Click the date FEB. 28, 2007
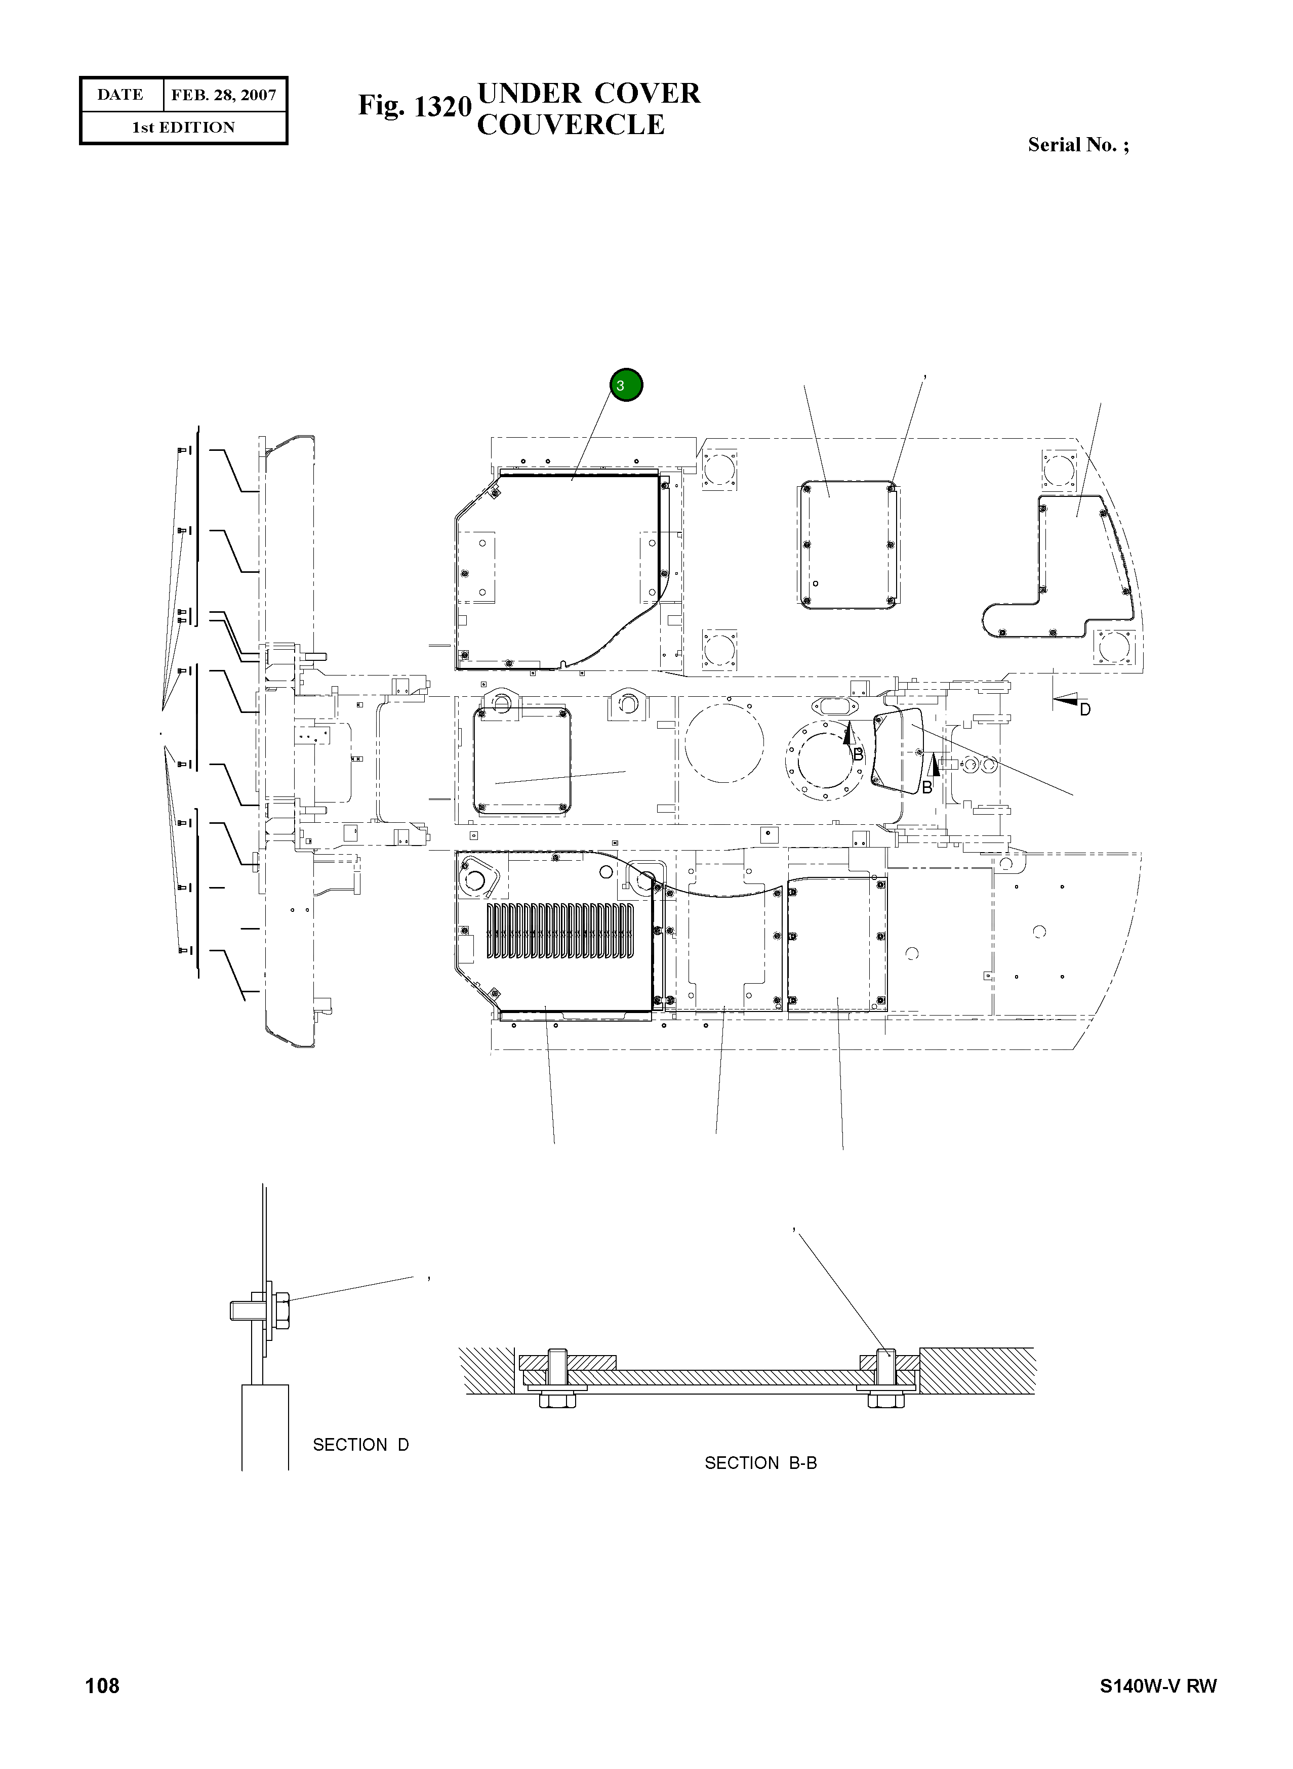223,96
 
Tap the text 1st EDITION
183,128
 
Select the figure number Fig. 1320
415,106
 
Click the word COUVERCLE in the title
571,125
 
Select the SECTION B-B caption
760,1462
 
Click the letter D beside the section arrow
1085,709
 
